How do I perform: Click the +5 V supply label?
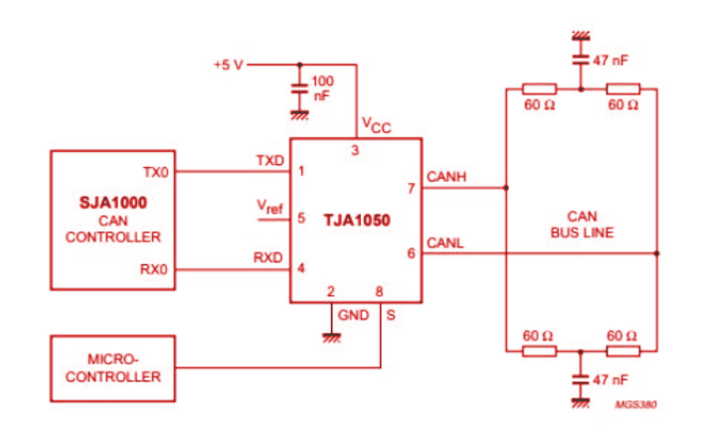click(227, 65)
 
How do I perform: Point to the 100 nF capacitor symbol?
click(297, 88)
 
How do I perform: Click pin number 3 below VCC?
click(355, 150)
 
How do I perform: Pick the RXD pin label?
click(268, 257)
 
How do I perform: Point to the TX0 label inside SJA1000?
click(157, 172)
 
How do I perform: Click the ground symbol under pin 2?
click(329, 337)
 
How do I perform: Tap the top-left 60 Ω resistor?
click(539, 88)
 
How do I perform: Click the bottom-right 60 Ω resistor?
click(623, 350)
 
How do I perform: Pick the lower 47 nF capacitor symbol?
click(579, 379)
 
